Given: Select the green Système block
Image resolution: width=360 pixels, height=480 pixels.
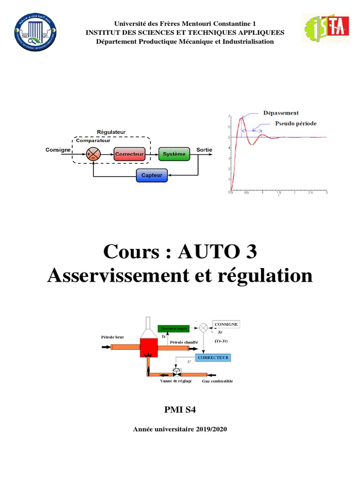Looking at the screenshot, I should tap(174, 154).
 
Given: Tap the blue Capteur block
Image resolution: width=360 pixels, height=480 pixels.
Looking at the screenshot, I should tap(151, 176).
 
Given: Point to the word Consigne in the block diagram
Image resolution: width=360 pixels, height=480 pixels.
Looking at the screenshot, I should tap(58, 150).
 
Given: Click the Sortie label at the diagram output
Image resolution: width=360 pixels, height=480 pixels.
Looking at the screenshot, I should tap(204, 150).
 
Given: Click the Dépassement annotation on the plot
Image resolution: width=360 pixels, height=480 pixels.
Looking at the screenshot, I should tap(281, 113).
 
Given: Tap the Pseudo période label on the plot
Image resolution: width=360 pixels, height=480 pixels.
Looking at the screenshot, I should tap(295, 124).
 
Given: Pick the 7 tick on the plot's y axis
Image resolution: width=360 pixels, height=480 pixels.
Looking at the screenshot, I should tap(229, 116).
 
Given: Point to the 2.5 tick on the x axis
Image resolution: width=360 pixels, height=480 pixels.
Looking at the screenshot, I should tap(310, 193).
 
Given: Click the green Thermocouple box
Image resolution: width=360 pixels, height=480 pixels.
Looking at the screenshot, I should tap(173, 329).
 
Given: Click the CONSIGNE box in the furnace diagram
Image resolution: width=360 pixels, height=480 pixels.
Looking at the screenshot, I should tap(226, 324).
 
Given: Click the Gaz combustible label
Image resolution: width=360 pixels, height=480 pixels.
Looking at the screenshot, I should tap(217, 381).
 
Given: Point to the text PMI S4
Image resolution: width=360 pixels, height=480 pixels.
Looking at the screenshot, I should tap(180, 410).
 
